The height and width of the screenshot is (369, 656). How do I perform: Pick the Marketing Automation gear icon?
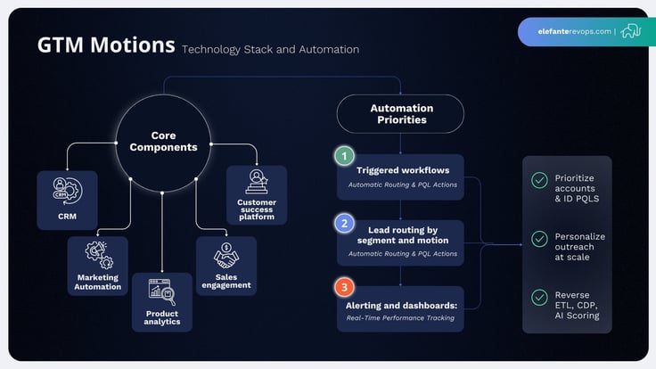(97, 254)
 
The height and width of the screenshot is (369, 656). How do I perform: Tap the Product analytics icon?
(161, 291)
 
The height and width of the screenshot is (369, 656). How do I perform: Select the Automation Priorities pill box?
(399, 114)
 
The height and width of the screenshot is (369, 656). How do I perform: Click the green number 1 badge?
(344, 156)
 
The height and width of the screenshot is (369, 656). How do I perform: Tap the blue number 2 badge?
(344, 223)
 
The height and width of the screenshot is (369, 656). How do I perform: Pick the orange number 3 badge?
(344, 288)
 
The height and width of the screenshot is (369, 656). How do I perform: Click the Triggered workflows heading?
(403, 170)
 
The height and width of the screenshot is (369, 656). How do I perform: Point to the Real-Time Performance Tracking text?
(403, 316)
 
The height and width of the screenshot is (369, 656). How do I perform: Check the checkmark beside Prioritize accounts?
(539, 180)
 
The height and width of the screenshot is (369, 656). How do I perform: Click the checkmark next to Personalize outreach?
(539, 239)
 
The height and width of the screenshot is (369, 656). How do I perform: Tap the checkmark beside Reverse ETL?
(539, 297)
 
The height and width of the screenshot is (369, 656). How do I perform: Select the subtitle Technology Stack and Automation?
(270, 49)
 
